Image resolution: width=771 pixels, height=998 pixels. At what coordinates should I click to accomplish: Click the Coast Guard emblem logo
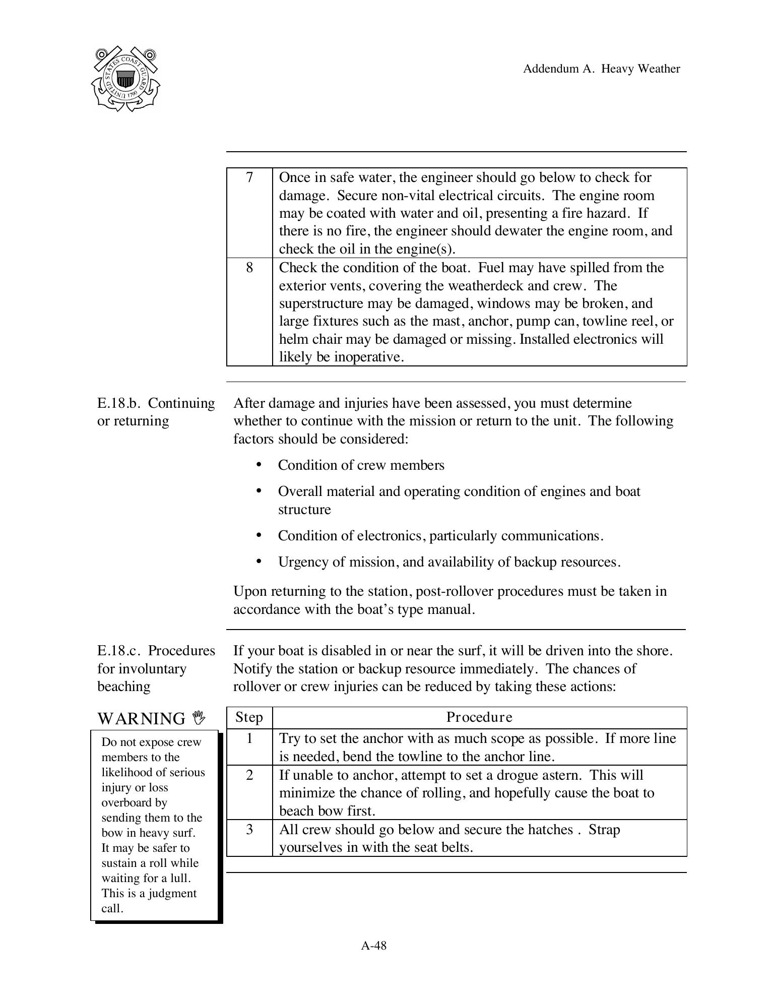click(125, 79)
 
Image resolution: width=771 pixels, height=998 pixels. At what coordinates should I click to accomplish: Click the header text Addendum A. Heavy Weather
click(601, 69)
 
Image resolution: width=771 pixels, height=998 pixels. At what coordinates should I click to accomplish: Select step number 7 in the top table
click(249, 177)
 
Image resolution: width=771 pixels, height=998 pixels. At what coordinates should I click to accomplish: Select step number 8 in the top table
click(249, 268)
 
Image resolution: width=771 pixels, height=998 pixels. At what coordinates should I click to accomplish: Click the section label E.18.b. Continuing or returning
click(156, 412)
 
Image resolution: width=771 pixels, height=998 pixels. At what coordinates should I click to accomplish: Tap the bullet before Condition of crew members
click(259, 464)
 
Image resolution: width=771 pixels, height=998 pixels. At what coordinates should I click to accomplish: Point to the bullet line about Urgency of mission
click(448, 562)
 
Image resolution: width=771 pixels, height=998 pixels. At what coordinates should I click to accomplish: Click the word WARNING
click(142, 718)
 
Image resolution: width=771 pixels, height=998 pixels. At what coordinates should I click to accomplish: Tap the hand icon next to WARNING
click(199, 717)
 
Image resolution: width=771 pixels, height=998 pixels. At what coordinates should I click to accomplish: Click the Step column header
click(249, 717)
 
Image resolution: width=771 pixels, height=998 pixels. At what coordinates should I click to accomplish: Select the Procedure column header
click(479, 717)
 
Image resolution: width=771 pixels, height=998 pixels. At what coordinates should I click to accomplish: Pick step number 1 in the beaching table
click(249, 738)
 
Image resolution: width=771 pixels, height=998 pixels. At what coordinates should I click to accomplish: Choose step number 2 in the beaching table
click(249, 775)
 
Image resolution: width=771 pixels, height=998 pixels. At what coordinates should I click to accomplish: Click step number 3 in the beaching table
click(249, 829)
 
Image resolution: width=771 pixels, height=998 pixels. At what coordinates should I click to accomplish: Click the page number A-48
click(374, 946)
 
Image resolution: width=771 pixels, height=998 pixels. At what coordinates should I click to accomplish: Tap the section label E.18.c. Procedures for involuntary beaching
click(156, 668)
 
